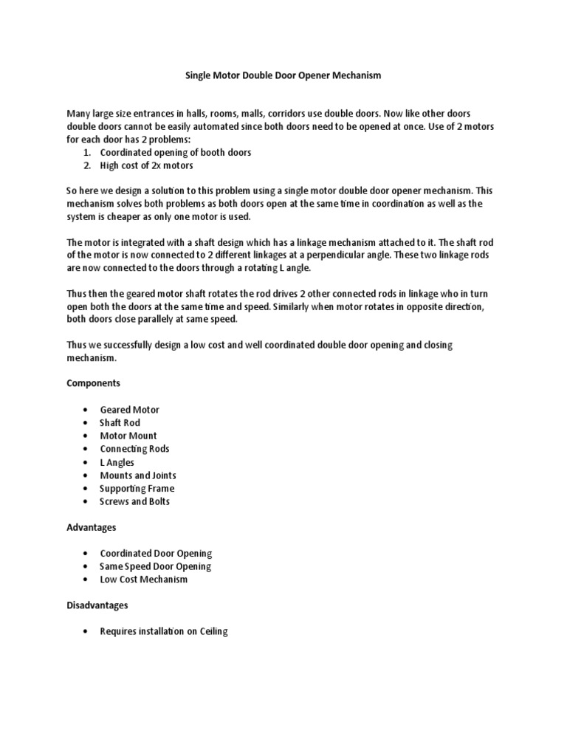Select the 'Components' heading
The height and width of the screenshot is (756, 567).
pos(94,384)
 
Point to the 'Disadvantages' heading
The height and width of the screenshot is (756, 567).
pos(98,605)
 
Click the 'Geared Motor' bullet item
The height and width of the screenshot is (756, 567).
pos(129,410)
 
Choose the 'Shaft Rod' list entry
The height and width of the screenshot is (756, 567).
pos(120,423)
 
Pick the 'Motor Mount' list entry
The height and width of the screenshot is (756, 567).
pos(128,436)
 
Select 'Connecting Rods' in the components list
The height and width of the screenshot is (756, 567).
pos(134,449)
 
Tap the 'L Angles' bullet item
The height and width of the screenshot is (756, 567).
pos(117,462)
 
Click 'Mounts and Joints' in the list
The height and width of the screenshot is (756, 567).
pos(138,475)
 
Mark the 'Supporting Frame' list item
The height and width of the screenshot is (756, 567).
pos(137,489)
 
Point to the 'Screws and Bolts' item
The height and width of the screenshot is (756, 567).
pos(134,502)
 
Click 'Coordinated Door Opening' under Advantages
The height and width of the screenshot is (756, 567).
pos(156,554)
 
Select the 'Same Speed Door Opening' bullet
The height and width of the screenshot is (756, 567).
pos(155,566)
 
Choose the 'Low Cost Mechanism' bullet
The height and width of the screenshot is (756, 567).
pos(143,580)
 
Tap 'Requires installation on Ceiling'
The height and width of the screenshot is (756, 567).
pos(164,631)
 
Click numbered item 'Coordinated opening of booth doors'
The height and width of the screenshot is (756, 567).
pos(176,153)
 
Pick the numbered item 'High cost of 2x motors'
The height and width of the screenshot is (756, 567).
pos(146,166)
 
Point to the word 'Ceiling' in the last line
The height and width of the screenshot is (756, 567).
pos(213,631)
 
